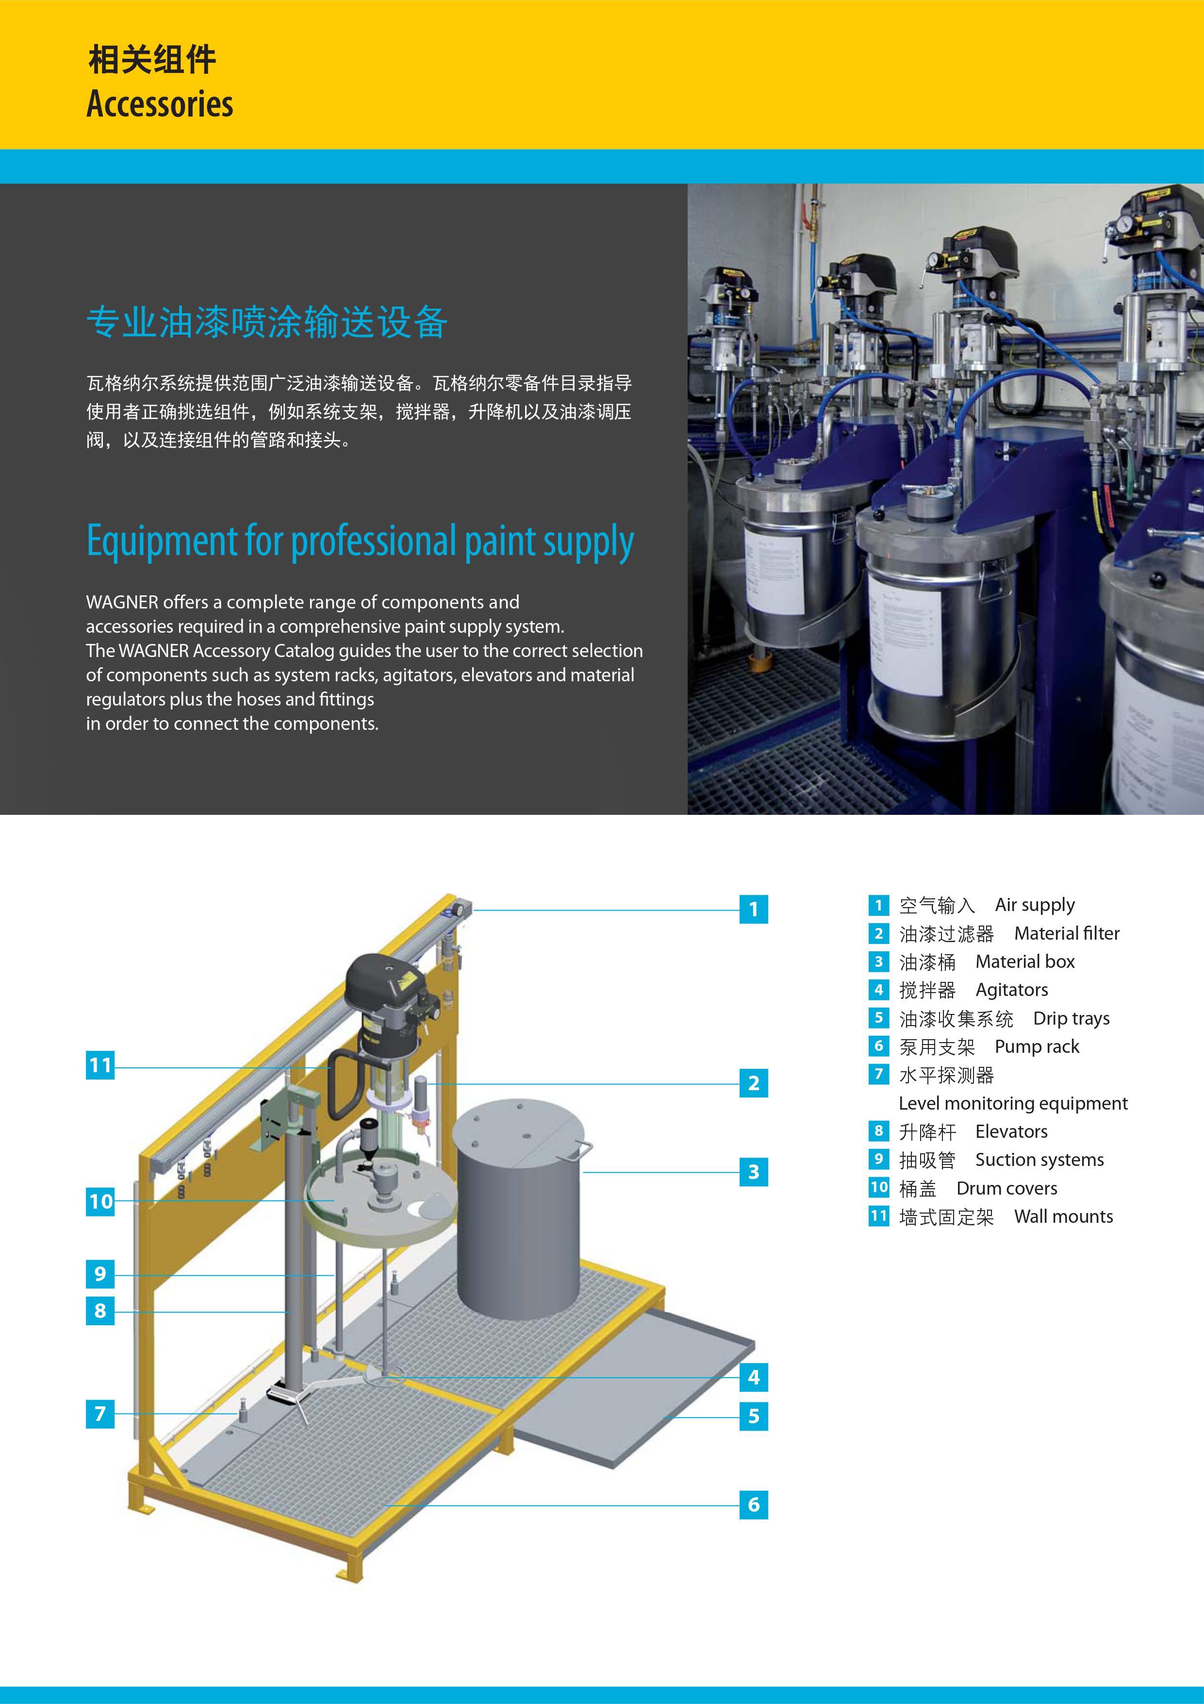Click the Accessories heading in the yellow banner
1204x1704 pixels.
160,104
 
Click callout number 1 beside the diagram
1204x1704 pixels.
754,909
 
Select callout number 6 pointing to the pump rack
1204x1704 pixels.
754,1504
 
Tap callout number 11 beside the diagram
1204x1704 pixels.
100,1066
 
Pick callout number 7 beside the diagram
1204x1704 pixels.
100,1414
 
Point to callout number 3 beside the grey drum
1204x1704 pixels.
754,1172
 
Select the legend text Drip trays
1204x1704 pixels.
1071,1018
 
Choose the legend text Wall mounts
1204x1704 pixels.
1064,1216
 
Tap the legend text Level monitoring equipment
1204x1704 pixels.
1013,1104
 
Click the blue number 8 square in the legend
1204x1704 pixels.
878,1131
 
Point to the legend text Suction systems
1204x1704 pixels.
1039,1160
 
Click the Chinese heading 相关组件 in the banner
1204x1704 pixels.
152,59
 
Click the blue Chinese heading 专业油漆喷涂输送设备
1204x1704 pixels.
267,322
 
